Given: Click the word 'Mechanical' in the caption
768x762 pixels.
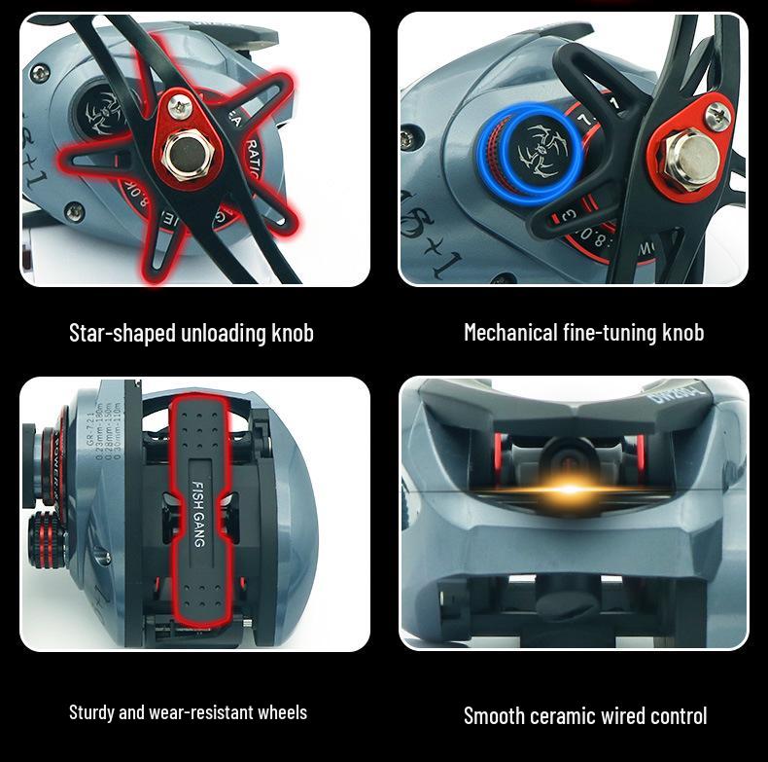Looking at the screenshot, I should [510, 333].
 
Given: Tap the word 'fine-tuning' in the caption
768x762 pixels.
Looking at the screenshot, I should [610, 333].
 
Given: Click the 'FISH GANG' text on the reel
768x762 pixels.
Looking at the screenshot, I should [198, 513].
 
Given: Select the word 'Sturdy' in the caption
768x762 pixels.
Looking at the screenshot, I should [90, 712].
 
